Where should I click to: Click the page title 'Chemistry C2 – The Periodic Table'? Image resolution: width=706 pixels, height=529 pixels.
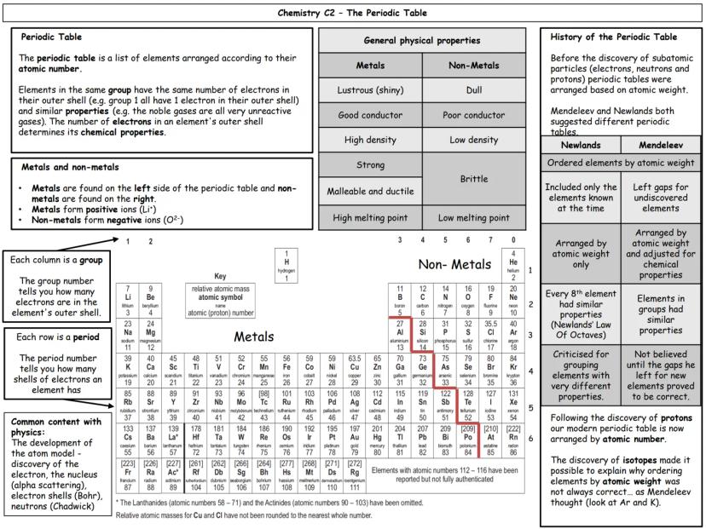click(x=353, y=14)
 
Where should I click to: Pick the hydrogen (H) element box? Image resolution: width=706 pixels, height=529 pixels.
click(x=286, y=265)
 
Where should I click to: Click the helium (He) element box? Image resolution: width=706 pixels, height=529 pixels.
click(x=513, y=265)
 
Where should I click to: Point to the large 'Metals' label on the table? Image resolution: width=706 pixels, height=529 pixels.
click(x=252, y=337)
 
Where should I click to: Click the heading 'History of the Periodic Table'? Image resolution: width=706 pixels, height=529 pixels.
click(x=602, y=37)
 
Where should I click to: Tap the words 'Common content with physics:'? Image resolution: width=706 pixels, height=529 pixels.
click(x=48, y=428)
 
